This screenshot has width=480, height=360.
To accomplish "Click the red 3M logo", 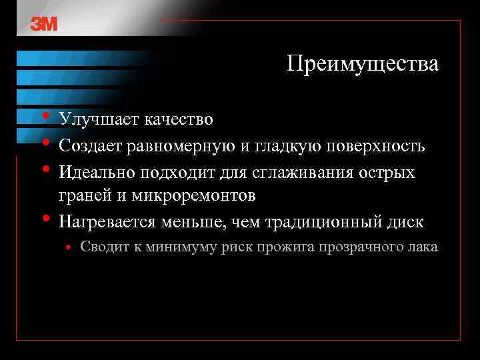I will coord(44,24).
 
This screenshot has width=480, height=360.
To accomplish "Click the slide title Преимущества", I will coord(363,65).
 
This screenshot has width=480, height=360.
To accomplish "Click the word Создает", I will coord(88,145).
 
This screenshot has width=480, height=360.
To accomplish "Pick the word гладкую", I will coord(283,145).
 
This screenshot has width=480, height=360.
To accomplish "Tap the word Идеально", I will coord(96,172).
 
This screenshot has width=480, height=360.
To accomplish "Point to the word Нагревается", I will coord(105,220).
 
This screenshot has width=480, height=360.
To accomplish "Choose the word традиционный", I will coord(317,221).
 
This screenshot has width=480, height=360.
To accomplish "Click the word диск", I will coord(405,220).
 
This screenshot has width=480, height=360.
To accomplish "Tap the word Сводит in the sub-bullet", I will coord(100,247).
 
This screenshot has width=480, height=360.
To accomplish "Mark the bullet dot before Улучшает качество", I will coord(45,117).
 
